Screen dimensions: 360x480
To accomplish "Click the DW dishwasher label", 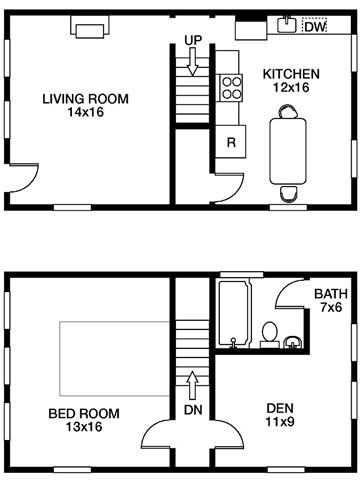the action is coord(315,27).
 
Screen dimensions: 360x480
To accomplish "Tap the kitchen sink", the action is coord(287,24).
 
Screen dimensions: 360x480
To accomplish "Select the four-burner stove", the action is coord(230,88).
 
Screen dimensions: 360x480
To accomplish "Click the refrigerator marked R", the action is coord(231,142).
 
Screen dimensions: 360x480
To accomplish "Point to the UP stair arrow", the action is coord(192,62).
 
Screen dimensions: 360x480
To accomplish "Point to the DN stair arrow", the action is coord(192,385).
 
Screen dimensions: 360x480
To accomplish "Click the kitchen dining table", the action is coord(288,151).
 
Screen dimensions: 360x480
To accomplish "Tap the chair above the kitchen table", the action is coord(288,111).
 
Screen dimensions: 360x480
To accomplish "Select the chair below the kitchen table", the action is coord(288,194).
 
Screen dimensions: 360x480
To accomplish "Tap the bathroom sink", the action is coord(292,342).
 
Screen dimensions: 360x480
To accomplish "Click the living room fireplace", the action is coord(90,27).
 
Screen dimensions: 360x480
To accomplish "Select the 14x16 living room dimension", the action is coord(86,112).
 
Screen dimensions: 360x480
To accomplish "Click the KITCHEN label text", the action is coord(291,74).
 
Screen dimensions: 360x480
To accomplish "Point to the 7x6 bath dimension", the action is coord(331,307).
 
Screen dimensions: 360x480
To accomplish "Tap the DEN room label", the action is coord(280,408).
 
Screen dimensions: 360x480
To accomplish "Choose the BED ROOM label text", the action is coord(84,413).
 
